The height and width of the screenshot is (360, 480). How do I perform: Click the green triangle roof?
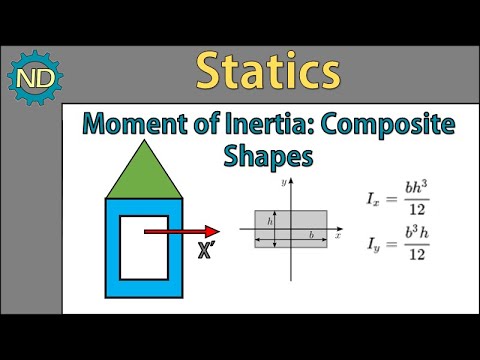(x=144, y=171)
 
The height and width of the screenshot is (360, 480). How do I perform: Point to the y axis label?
(x=285, y=183)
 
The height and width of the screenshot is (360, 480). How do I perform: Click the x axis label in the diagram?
(x=338, y=236)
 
